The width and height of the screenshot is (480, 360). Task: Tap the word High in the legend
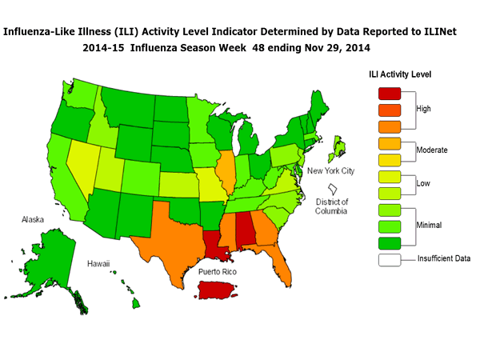pyautogui.click(x=425, y=108)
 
